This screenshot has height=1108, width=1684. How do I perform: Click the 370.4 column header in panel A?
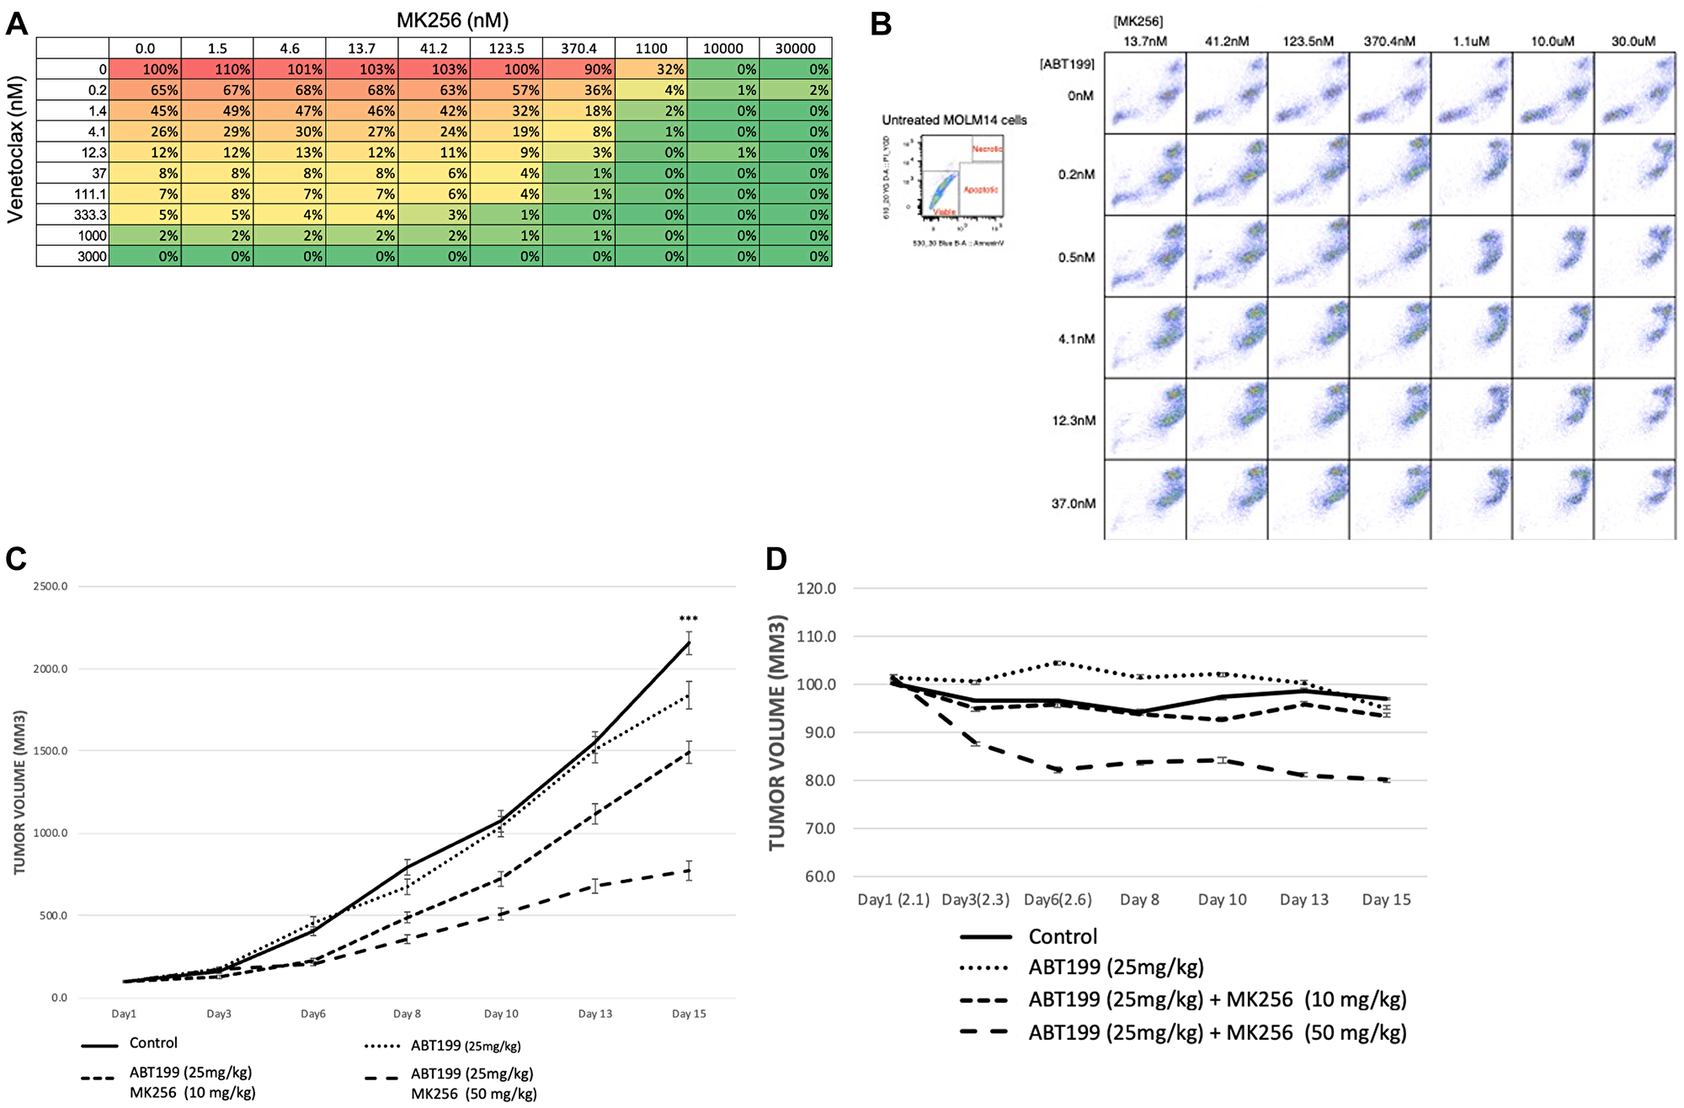578,48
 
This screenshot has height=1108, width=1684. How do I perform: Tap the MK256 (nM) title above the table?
452,20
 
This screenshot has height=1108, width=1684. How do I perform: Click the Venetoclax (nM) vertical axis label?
15,150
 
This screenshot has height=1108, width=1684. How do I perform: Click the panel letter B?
881,24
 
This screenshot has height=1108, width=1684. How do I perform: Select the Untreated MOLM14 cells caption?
954,120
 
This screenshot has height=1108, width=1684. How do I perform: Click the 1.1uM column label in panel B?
1470,41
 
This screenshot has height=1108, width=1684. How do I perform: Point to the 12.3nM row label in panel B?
1074,420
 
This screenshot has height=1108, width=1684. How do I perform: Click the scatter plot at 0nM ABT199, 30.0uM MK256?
1634,93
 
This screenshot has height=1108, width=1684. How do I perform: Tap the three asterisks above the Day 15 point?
689,620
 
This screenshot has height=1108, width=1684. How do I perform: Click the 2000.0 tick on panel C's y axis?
51,669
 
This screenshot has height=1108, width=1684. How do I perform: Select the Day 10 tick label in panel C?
501,1014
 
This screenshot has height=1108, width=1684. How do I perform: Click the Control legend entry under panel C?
152,1043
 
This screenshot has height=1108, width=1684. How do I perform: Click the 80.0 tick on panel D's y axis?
816,780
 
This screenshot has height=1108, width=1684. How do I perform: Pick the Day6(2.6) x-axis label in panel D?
1058,899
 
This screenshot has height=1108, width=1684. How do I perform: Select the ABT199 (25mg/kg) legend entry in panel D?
1116,967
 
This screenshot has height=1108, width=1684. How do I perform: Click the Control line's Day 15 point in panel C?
689,642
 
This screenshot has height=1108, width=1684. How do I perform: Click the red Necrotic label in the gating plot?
987,148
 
